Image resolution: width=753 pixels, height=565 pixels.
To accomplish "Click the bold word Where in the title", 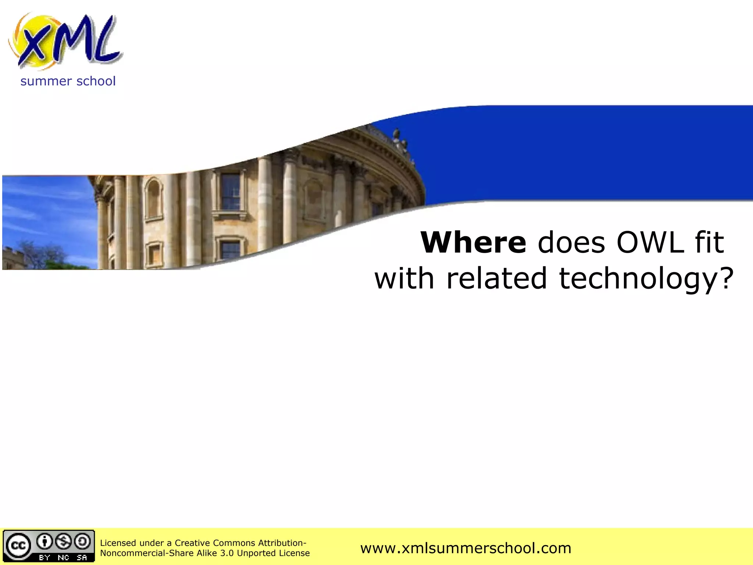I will click(474, 242).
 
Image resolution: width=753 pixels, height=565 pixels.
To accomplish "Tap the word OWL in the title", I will click(650, 242).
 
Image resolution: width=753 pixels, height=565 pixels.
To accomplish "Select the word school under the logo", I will click(96, 81).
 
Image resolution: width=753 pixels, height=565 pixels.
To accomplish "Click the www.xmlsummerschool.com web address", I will click(465, 548).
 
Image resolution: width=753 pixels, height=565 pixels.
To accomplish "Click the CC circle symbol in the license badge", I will click(18, 545).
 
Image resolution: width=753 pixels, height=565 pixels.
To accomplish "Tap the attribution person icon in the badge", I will click(45, 541).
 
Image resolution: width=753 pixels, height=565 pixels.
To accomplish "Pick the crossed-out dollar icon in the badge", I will click(64, 541).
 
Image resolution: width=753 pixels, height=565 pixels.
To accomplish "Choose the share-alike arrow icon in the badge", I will click(82, 541).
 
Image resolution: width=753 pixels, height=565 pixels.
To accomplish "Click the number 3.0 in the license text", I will click(227, 553).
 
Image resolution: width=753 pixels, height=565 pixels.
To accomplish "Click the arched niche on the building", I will click(153, 199).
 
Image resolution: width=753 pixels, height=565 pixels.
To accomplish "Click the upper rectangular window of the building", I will click(230, 191).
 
